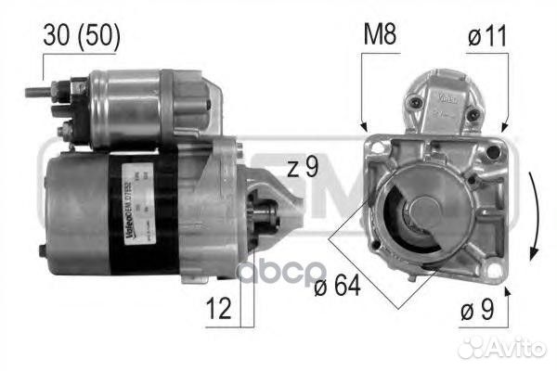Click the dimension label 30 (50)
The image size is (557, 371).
[81, 36]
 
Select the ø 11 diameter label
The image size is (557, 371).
[488, 36]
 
